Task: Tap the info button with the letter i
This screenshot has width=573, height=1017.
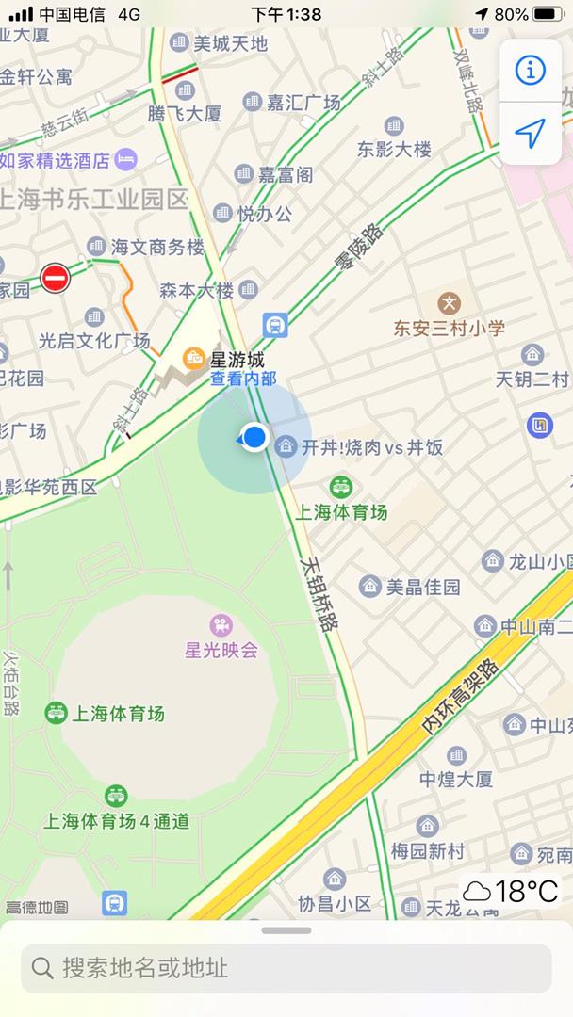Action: tap(531, 70)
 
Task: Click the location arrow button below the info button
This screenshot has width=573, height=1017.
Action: tap(531, 134)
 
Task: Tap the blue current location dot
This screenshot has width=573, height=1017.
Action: tap(254, 437)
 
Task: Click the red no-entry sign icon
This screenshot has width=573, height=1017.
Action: tap(55, 278)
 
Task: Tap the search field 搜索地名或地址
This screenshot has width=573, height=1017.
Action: tap(286, 968)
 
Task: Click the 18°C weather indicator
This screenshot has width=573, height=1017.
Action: tap(512, 891)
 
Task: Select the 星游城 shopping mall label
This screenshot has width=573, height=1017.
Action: tap(237, 359)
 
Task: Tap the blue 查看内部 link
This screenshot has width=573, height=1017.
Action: tap(243, 379)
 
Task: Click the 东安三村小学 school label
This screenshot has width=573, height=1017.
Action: tap(450, 327)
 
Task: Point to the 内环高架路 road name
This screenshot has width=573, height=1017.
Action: tap(461, 694)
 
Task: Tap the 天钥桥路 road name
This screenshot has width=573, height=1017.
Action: tap(320, 591)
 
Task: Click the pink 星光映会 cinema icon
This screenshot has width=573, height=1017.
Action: tap(221, 624)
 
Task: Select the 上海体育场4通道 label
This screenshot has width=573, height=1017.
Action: tap(117, 820)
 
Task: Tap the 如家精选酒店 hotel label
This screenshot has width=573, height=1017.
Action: tap(68, 160)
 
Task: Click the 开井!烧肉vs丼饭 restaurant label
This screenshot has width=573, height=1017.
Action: tap(371, 447)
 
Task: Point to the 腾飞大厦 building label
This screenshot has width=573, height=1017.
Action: tap(185, 113)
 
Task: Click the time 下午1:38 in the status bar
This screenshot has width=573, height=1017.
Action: tap(286, 14)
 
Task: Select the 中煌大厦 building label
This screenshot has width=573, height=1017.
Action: tap(456, 779)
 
